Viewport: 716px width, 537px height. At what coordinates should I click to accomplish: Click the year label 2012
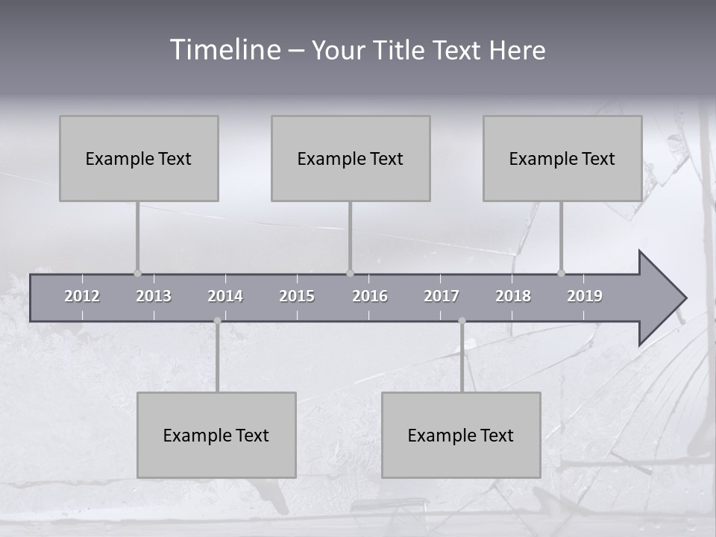[x=82, y=296]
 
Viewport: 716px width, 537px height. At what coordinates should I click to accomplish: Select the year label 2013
[x=154, y=296]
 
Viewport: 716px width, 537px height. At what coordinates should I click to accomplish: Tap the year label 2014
[x=225, y=296]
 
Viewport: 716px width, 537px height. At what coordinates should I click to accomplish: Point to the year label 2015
[x=297, y=296]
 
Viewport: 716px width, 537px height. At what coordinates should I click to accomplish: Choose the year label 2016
[x=370, y=296]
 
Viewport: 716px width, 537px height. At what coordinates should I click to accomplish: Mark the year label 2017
[x=442, y=296]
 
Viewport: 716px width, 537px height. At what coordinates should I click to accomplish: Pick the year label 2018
[x=513, y=296]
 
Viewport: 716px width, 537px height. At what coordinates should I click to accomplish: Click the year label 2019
[x=585, y=296]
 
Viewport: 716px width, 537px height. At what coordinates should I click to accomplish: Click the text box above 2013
[x=139, y=158]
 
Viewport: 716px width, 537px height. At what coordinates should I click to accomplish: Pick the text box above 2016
[x=351, y=158]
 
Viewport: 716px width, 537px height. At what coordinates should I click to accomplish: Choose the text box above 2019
[x=562, y=158]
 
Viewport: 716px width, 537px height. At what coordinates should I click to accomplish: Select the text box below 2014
[x=216, y=435]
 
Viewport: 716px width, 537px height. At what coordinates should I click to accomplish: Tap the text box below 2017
[x=461, y=435]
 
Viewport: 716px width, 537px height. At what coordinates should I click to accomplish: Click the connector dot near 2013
[x=137, y=273]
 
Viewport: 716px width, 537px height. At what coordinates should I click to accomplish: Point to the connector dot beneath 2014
[x=217, y=321]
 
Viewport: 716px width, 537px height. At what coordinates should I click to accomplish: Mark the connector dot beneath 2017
[x=462, y=321]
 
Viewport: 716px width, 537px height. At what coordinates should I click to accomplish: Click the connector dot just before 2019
[x=561, y=273]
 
